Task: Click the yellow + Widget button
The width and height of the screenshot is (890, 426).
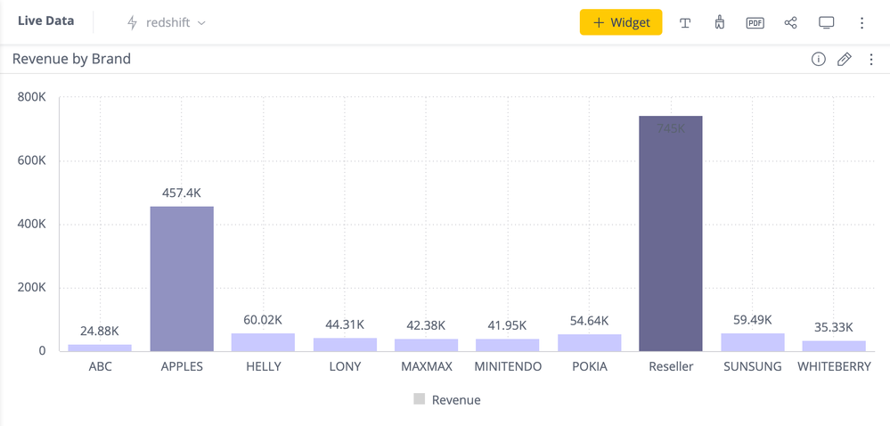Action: click(x=621, y=22)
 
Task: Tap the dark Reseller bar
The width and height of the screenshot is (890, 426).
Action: click(x=671, y=233)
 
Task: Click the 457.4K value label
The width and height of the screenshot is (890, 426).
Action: click(x=182, y=193)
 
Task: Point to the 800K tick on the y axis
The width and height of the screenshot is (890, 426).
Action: click(x=32, y=96)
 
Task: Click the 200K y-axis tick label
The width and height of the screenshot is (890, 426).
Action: click(x=32, y=288)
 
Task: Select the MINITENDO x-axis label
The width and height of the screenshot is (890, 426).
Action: click(x=508, y=366)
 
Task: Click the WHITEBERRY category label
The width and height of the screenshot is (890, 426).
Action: click(x=834, y=366)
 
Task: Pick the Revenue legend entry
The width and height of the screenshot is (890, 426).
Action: click(x=447, y=400)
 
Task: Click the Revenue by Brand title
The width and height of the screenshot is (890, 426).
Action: click(x=71, y=59)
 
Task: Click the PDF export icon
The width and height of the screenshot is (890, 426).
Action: click(x=755, y=22)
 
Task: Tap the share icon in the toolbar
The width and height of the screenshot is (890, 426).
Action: click(x=790, y=22)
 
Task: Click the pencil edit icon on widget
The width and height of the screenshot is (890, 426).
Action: click(x=845, y=60)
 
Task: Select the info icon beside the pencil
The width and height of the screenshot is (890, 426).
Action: click(x=818, y=60)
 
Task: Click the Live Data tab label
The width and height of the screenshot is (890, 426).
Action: click(x=46, y=21)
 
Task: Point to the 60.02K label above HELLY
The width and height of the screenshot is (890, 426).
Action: click(x=263, y=320)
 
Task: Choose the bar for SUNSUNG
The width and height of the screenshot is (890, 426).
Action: click(x=753, y=342)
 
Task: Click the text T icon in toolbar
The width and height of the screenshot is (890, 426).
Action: click(x=685, y=23)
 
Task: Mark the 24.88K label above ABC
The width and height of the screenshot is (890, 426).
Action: click(x=100, y=332)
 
